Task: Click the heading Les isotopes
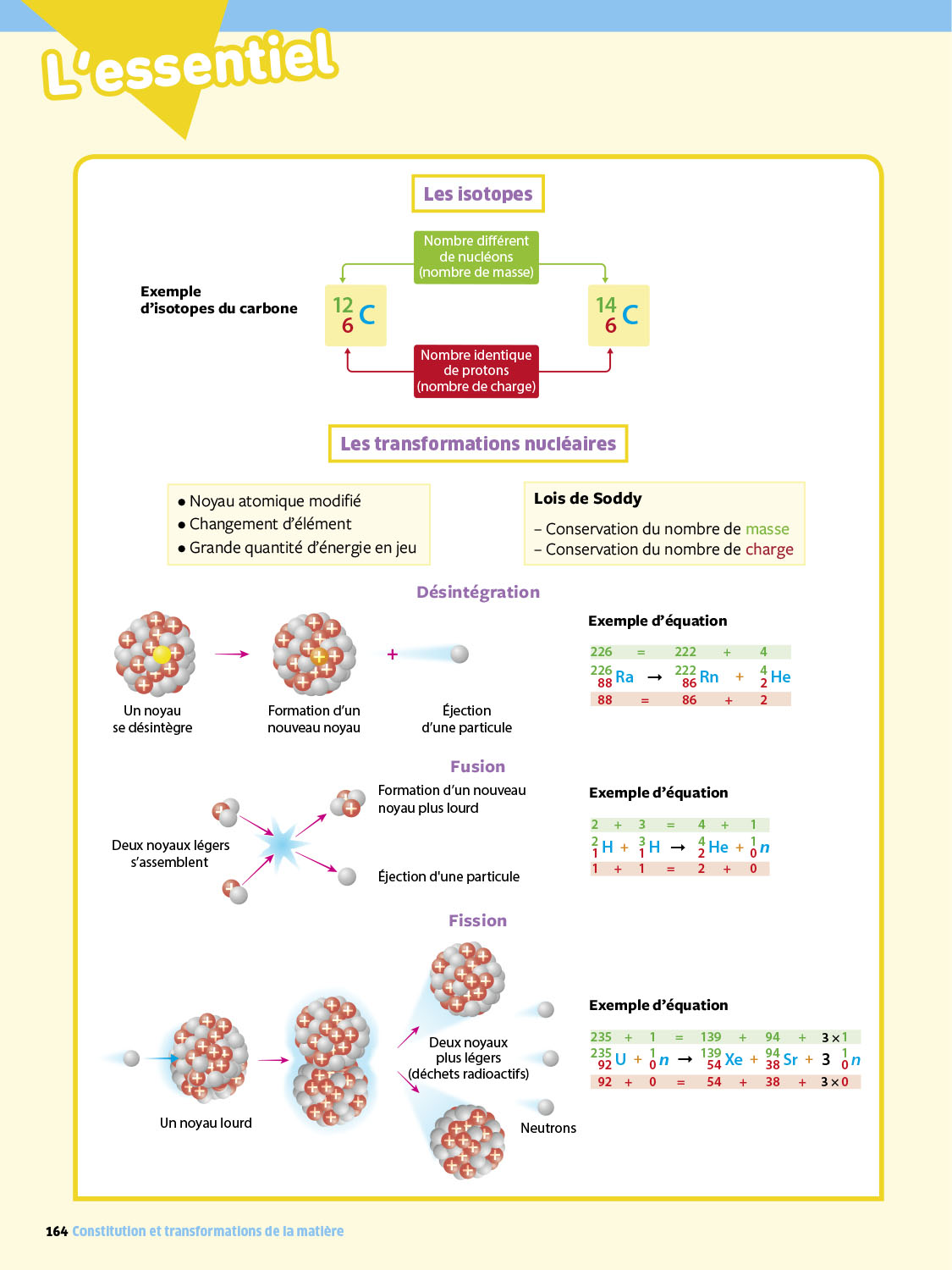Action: point(478,194)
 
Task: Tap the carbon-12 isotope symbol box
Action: point(355,316)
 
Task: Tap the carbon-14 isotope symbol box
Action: point(619,316)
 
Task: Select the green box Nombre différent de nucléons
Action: point(476,257)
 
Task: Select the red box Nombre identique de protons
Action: point(476,371)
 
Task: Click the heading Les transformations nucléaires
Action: point(478,444)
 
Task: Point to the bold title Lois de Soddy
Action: point(588,499)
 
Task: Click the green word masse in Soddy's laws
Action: point(767,529)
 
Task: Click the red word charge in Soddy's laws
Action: point(769,549)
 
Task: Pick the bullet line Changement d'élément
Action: point(270,524)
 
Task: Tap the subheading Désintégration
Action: point(478,593)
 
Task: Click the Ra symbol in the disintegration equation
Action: point(625,677)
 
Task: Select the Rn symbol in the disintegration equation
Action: point(709,677)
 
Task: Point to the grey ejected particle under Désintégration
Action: point(459,654)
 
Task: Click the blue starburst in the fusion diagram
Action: point(282,843)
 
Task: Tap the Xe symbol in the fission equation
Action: point(734,1060)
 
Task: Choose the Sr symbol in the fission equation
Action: point(790,1060)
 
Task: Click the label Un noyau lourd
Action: point(206,1124)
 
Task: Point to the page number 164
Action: point(57,1232)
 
